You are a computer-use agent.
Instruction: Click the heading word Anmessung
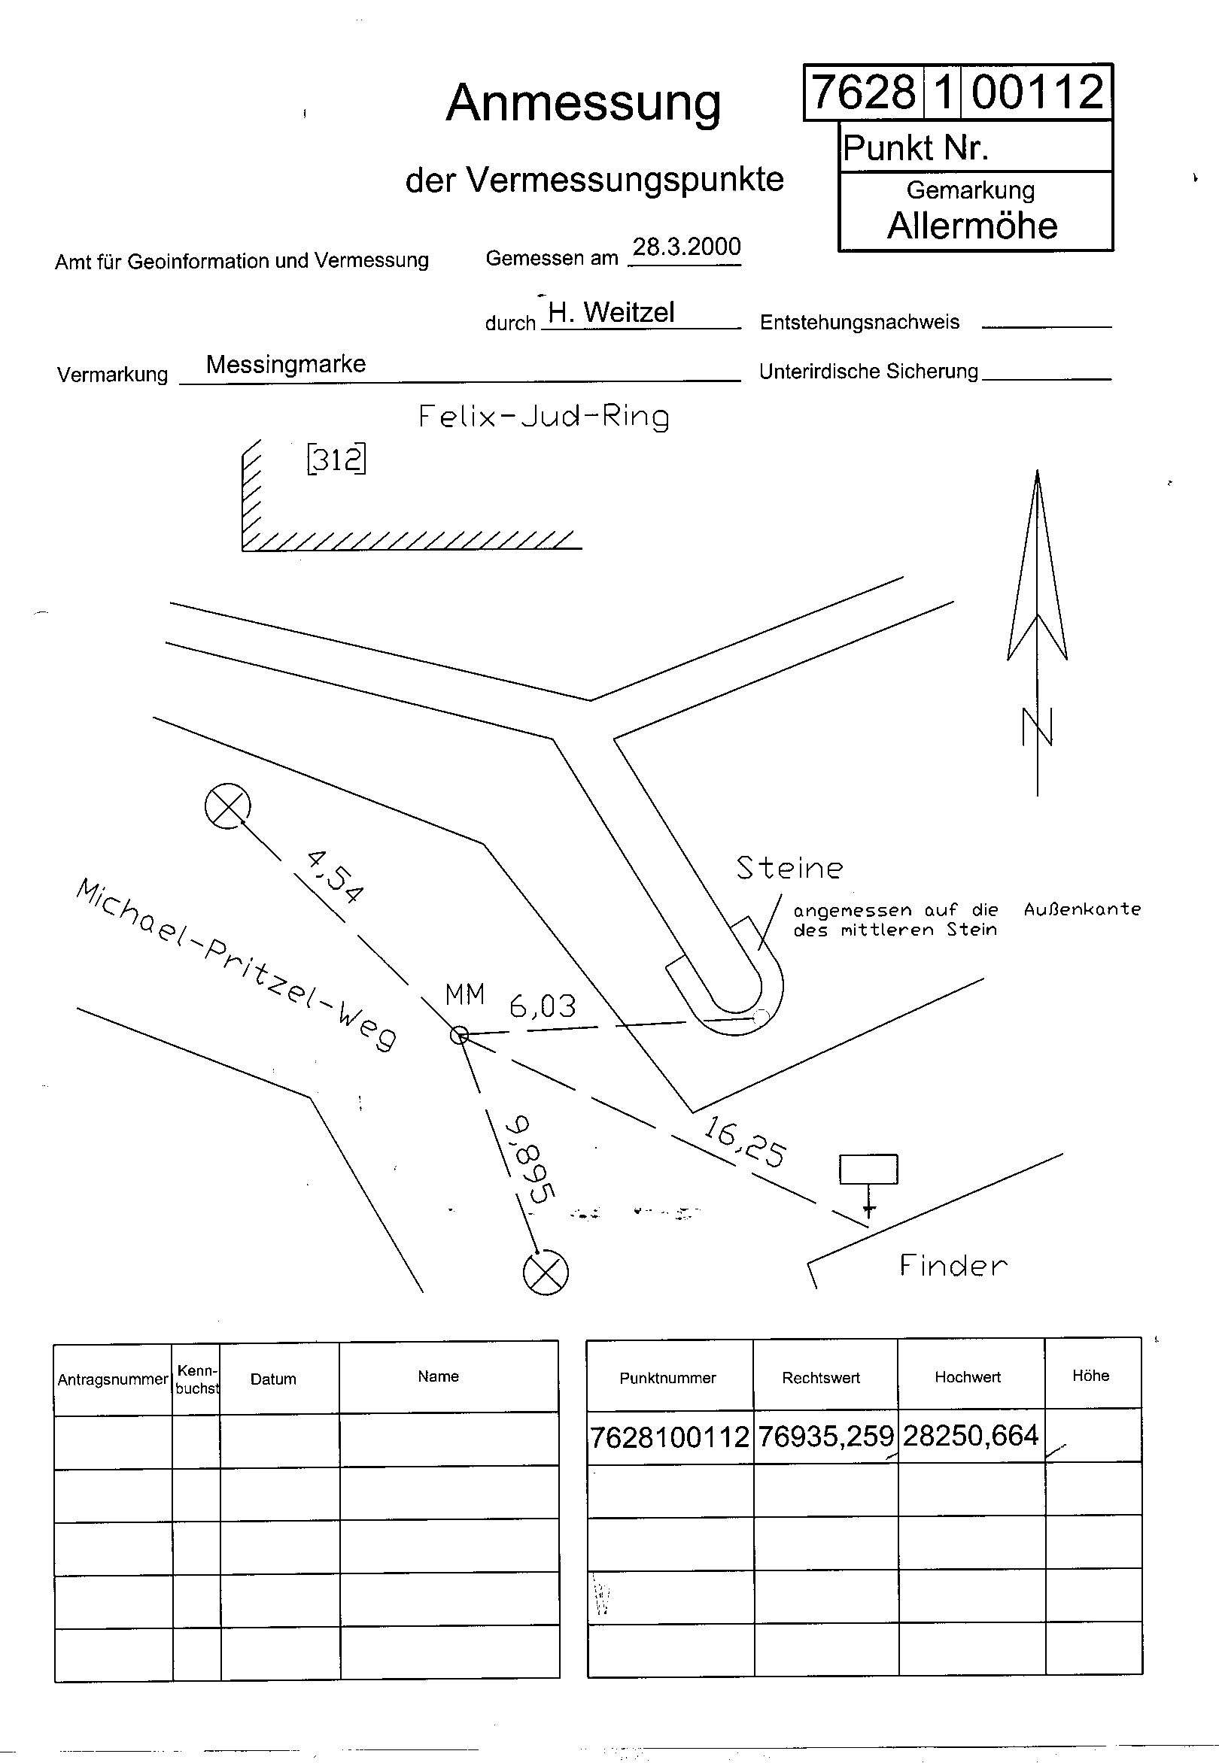(x=583, y=104)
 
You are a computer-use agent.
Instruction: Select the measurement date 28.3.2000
(x=687, y=247)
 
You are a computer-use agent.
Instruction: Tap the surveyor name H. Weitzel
(x=611, y=311)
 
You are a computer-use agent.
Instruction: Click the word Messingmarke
(x=286, y=364)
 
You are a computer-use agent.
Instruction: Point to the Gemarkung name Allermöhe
(x=972, y=225)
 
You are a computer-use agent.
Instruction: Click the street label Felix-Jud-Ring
(x=544, y=417)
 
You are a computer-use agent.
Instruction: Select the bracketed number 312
(x=336, y=459)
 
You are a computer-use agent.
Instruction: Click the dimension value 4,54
(x=335, y=876)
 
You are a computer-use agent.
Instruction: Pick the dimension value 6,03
(x=543, y=1006)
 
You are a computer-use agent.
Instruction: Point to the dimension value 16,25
(x=745, y=1142)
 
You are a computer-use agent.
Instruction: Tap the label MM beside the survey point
(x=465, y=994)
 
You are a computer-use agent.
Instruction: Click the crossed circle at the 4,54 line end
(x=227, y=806)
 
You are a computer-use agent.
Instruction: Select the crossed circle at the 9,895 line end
(x=546, y=1273)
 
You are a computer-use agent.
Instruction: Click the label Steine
(x=790, y=868)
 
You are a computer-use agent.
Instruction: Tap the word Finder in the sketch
(x=953, y=1265)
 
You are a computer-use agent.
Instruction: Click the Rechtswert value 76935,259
(x=825, y=1437)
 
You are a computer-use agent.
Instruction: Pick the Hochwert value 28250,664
(x=971, y=1435)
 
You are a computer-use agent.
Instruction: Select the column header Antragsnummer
(x=113, y=1379)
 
